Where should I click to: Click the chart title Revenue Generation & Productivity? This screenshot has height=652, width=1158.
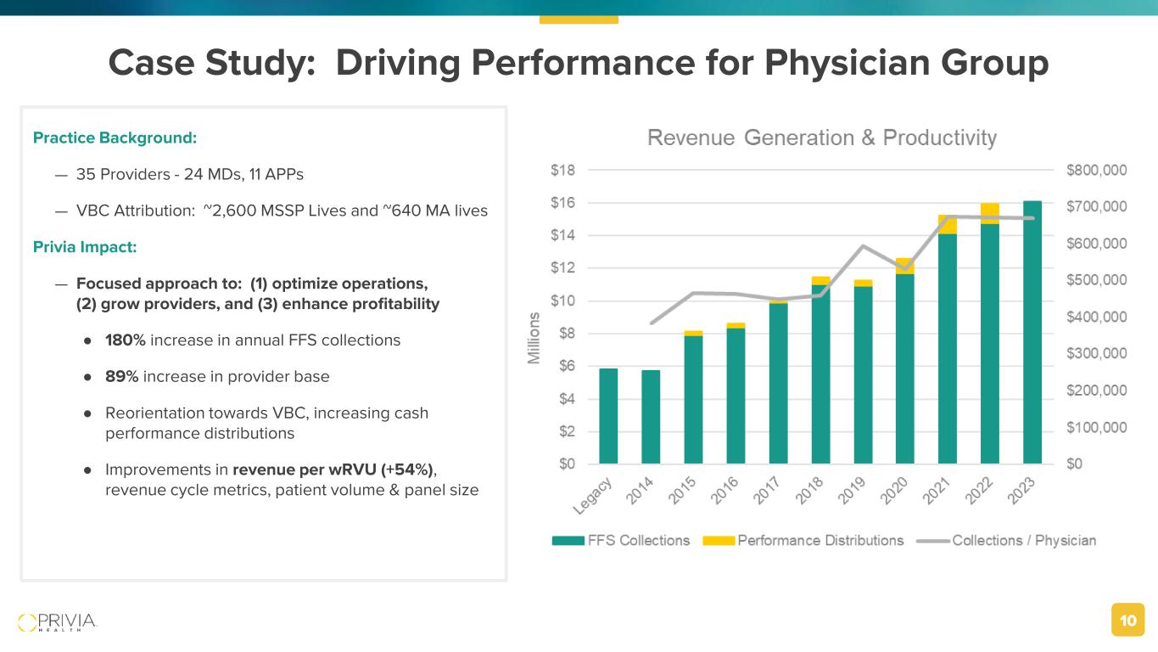tap(821, 138)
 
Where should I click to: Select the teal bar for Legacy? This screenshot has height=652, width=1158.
tap(608, 416)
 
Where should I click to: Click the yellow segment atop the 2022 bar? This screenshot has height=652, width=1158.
tap(989, 213)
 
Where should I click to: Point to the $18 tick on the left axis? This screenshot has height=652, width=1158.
tap(562, 170)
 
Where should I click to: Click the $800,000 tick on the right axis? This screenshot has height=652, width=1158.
tap(1096, 170)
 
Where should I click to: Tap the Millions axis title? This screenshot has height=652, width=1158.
tap(534, 338)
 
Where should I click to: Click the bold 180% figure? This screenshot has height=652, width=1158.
tap(122, 340)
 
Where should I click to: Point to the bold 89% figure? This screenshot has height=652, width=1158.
tap(121, 376)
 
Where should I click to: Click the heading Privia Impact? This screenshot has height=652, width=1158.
tap(84, 247)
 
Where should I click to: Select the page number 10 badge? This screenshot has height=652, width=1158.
tap(1127, 621)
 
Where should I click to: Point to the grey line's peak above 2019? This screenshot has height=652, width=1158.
tap(863, 246)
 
